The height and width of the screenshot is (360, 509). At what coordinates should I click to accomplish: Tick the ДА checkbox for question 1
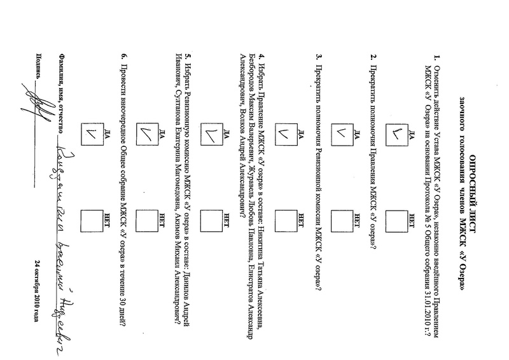[399, 134]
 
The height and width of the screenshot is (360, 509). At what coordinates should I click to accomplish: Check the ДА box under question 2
[343, 134]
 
